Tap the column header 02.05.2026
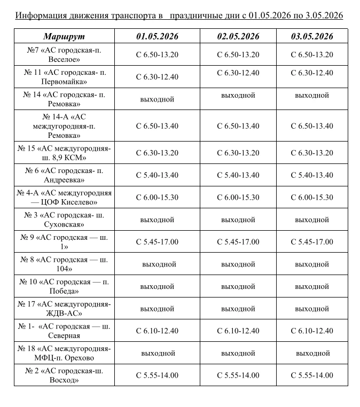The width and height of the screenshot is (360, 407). point(238,36)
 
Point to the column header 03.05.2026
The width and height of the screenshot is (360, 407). point(312,36)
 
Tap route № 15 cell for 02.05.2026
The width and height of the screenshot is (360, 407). point(238,153)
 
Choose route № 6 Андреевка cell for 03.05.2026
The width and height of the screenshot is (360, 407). point(312,175)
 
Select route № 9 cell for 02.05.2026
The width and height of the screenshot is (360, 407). point(238,242)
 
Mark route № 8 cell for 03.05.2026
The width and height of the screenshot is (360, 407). point(312,264)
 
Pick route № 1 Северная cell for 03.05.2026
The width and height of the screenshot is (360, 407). point(312,331)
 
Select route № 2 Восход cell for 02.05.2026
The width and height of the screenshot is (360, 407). point(238,375)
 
